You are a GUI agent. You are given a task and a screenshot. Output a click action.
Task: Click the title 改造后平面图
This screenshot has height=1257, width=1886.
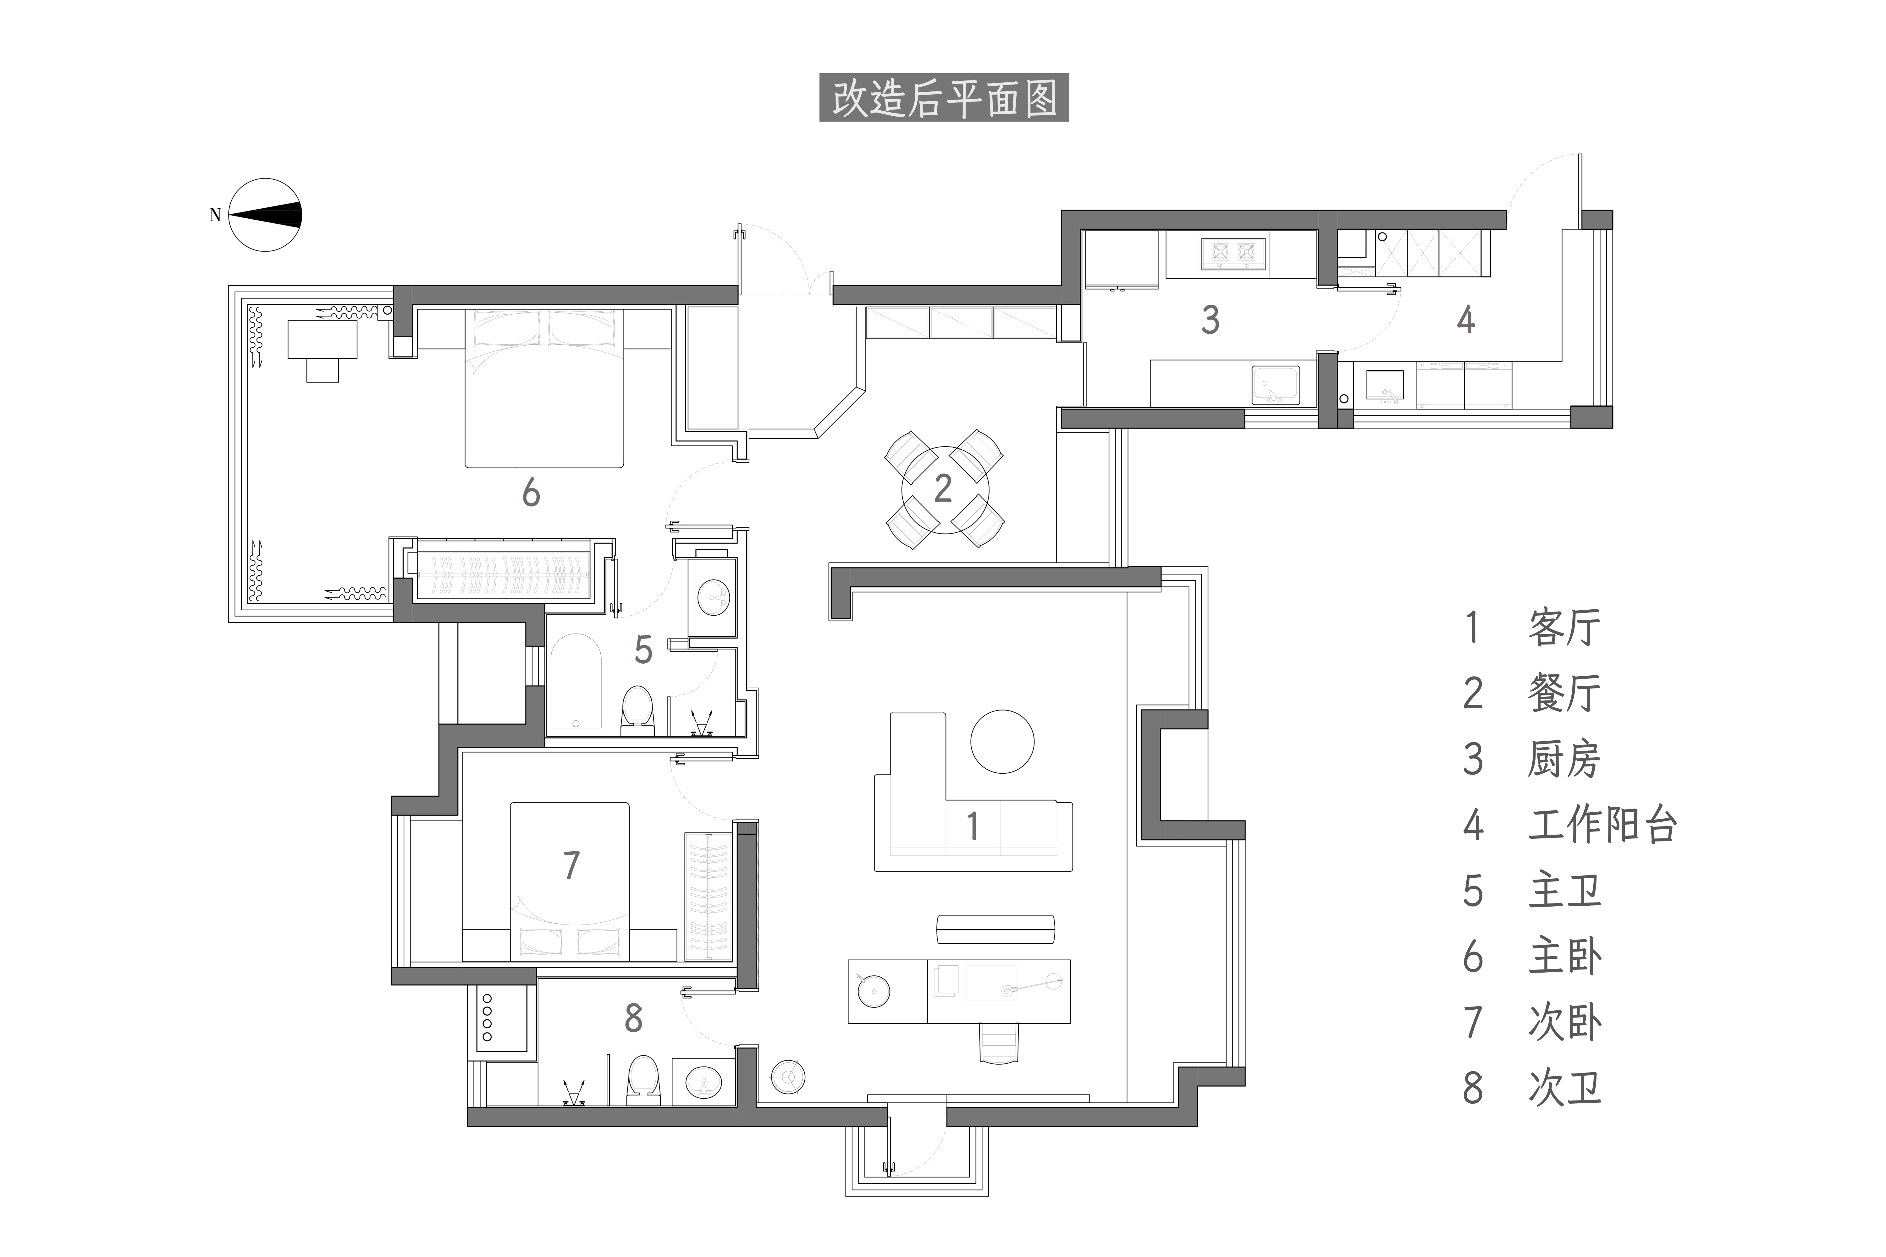point(944,98)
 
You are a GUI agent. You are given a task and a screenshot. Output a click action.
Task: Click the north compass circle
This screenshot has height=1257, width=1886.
point(265,215)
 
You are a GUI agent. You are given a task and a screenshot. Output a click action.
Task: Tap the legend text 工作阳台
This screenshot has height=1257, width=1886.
point(1602,825)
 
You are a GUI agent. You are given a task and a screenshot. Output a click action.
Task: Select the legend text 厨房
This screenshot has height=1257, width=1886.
point(1564,759)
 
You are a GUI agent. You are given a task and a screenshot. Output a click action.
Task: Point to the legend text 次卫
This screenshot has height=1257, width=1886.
point(1564,1088)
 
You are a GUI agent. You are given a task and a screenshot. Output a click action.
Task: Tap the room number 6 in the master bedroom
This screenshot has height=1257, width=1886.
point(531,493)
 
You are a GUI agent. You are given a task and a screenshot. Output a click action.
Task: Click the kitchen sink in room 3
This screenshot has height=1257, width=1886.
point(1276,385)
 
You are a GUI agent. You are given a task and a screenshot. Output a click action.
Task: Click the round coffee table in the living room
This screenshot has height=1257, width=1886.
point(1002,742)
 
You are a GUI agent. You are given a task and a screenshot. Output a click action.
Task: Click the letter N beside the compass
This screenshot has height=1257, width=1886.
point(215,215)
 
